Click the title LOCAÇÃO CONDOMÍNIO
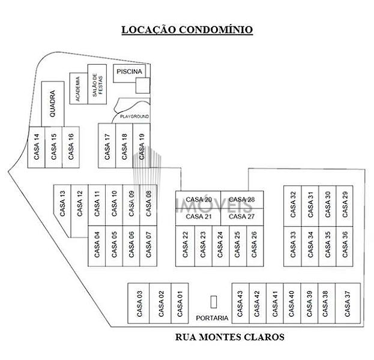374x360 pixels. coord(187,29)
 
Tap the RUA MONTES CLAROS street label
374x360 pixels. coord(229,337)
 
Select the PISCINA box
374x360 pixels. coord(129,72)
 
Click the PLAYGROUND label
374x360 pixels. coord(134,116)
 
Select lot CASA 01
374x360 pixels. coord(179,304)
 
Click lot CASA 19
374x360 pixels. coord(142,146)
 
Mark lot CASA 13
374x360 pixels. coord(62,204)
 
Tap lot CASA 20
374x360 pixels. coord(198,199)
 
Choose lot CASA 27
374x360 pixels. coord(243,216)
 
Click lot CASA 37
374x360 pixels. coord(347,304)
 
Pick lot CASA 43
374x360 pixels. coord(240,304)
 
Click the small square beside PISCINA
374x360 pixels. coord(142,86)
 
